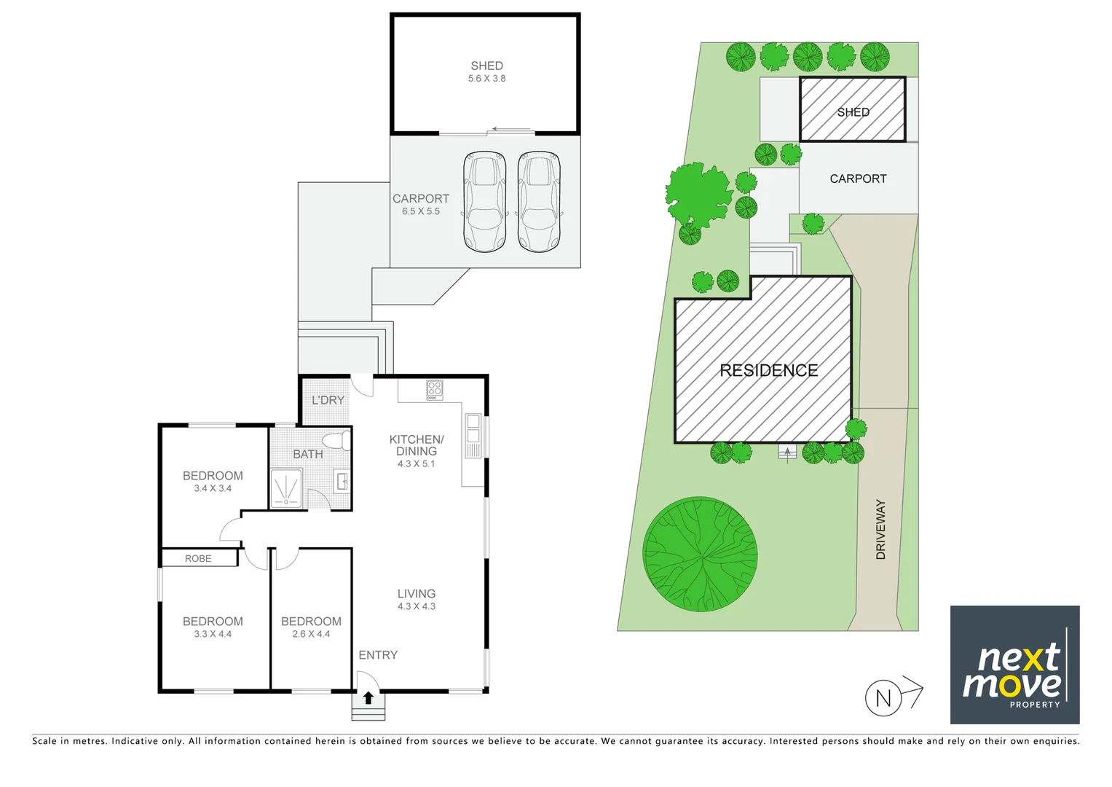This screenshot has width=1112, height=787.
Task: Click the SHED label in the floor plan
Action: point(486,66)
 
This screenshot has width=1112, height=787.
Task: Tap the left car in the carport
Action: point(485,201)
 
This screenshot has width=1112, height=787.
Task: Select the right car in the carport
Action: point(539,201)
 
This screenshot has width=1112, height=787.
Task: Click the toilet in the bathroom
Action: point(336,441)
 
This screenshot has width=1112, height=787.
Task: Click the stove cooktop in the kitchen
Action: point(435,390)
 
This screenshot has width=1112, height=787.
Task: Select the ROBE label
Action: point(198,558)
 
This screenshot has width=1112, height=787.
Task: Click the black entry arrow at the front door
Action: point(368,698)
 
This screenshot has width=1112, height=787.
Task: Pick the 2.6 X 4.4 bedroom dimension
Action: point(311,634)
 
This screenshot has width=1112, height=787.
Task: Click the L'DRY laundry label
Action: point(328,400)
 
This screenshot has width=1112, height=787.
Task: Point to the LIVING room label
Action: point(417,594)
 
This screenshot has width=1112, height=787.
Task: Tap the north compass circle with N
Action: point(883,698)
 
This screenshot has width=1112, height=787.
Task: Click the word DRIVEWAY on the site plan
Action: point(881,529)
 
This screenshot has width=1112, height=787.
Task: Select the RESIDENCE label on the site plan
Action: point(768,370)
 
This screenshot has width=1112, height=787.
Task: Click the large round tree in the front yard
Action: point(700,554)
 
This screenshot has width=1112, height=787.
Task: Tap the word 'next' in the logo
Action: point(1018,659)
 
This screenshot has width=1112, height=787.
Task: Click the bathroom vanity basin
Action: point(342,481)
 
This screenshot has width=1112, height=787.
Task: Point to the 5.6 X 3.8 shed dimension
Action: point(486,79)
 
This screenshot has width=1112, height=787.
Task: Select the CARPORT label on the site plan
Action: point(858,179)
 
